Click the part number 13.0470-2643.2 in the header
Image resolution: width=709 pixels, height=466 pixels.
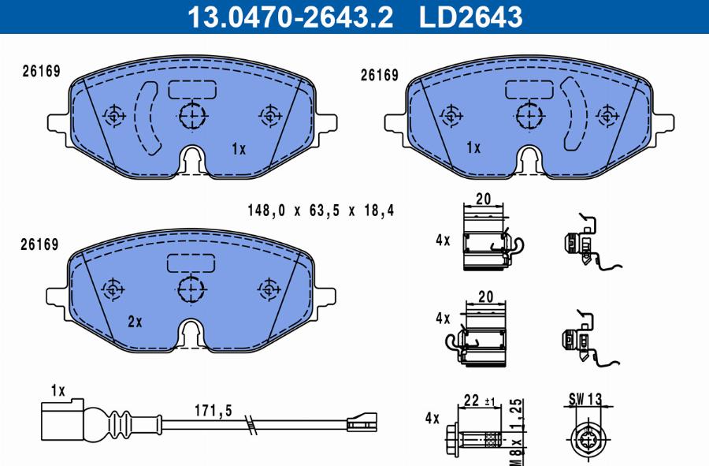(x=290, y=17)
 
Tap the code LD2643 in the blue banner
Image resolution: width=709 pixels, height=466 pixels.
(x=471, y=17)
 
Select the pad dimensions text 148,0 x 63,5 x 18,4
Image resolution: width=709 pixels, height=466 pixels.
(x=321, y=211)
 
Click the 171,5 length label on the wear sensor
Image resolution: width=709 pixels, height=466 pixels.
(x=213, y=410)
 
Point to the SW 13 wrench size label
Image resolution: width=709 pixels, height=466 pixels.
(x=585, y=399)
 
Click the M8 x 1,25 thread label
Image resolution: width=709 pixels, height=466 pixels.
(x=517, y=432)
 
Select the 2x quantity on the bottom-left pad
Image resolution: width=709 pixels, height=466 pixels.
(x=135, y=322)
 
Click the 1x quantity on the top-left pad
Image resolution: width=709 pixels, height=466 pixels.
(x=239, y=148)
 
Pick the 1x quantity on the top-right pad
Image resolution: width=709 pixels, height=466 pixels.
(x=473, y=147)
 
